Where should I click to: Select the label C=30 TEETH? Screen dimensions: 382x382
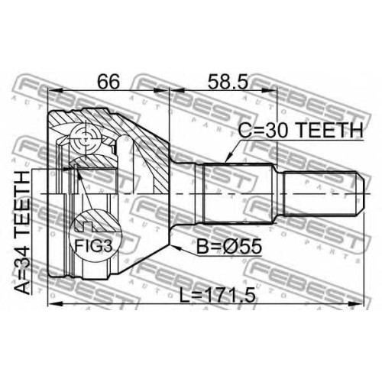300,130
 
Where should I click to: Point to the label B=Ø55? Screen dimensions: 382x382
229,246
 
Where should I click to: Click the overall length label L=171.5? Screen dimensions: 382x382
217,295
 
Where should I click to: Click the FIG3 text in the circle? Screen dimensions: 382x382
93,246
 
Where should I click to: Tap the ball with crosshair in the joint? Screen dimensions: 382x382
86,139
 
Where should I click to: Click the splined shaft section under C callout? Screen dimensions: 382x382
237,194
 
